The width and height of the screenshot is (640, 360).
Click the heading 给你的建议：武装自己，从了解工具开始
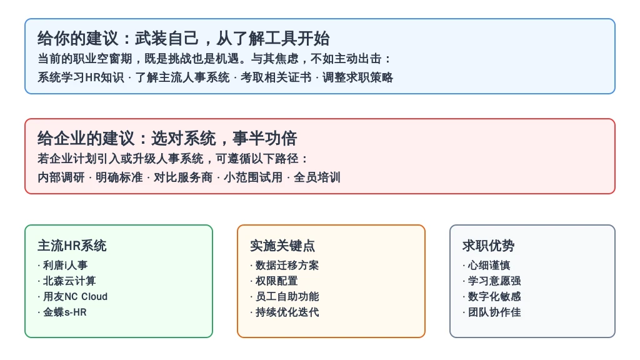pyautogui.click(x=183, y=38)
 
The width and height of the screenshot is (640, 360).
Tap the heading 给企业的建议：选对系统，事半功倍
pyautogui.click(x=167, y=138)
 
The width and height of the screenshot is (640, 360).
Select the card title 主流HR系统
pyautogui.click(x=72, y=246)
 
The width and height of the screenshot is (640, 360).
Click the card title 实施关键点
pyautogui.click(x=282, y=246)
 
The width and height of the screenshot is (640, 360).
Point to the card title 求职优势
pyautogui.click(x=488, y=246)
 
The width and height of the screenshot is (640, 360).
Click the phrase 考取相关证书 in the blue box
pyautogui.click(x=276, y=77)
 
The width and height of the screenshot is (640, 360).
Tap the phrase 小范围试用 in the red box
pyautogui.click(x=253, y=177)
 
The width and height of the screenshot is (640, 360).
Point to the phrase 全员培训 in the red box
pyautogui.click(x=317, y=177)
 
